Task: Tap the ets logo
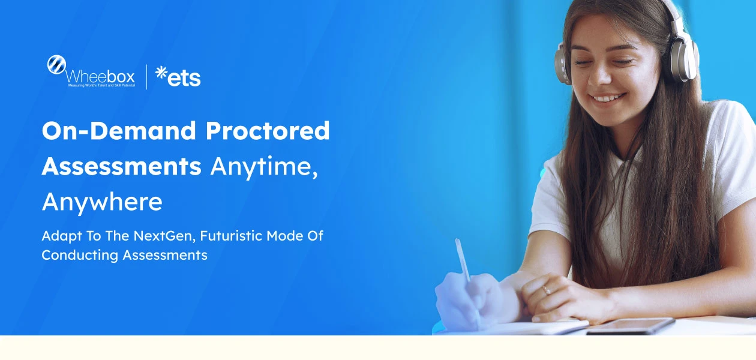[178, 76]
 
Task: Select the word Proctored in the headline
[268, 131]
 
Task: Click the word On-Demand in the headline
[119, 131]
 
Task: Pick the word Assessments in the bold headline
[121, 166]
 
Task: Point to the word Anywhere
[102, 203]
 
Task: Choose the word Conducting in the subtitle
[80, 255]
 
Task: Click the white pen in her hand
[463, 260]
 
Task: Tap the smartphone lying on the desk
[630, 325]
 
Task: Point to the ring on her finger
[546, 290]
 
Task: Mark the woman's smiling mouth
[608, 98]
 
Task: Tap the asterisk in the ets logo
[161, 72]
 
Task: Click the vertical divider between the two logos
[146, 76]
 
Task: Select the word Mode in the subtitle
[287, 236]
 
